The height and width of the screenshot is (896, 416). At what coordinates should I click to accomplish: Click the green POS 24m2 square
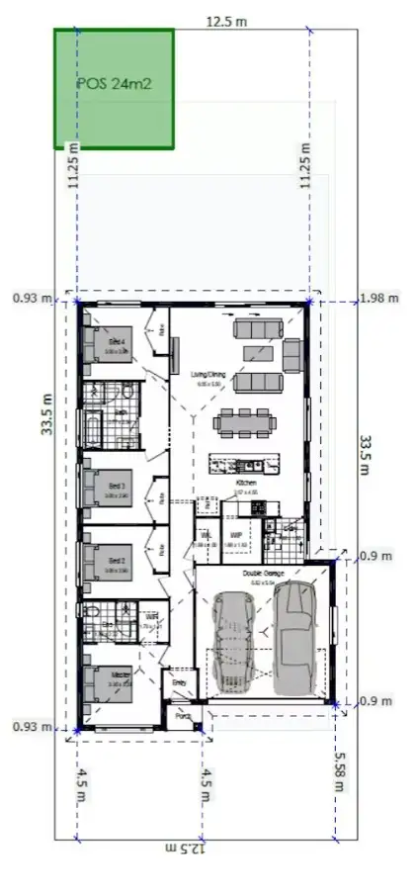coord(114,89)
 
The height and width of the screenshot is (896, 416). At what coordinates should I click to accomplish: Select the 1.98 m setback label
coord(378,298)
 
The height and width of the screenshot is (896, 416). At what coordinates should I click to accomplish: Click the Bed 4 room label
coord(117,341)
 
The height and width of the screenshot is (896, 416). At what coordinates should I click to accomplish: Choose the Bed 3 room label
coord(117,487)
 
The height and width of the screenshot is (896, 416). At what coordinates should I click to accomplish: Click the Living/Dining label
coord(209,374)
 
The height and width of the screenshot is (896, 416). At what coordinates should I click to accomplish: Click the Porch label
coord(182,720)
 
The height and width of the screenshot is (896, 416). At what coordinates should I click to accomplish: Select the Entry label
coord(179,682)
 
